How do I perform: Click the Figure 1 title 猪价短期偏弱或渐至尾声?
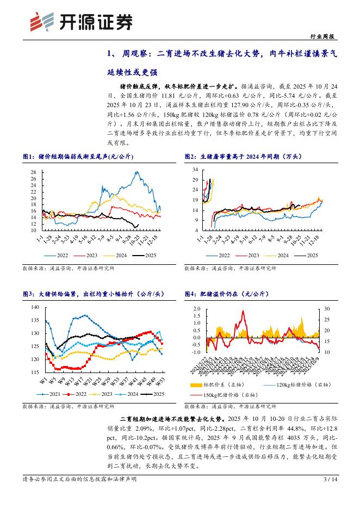(x=82, y=157)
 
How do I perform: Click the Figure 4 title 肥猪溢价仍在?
(x=231, y=294)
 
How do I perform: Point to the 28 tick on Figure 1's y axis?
(x=33, y=172)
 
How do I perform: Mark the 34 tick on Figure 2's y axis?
(x=195, y=170)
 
